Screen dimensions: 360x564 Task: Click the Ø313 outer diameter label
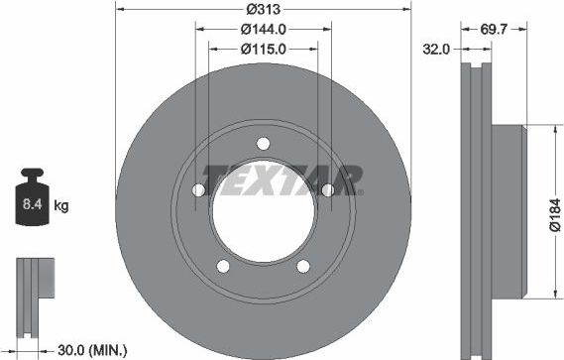click(x=264, y=8)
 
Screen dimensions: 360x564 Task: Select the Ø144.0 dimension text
click(x=264, y=28)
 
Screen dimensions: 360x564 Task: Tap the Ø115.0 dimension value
click(x=264, y=48)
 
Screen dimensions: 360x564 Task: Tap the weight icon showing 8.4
click(x=33, y=204)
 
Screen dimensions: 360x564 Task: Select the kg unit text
click(x=61, y=206)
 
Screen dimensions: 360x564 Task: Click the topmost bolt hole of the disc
click(x=263, y=143)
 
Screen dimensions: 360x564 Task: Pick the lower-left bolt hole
click(x=222, y=266)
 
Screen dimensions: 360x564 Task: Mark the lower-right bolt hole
click(x=303, y=266)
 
